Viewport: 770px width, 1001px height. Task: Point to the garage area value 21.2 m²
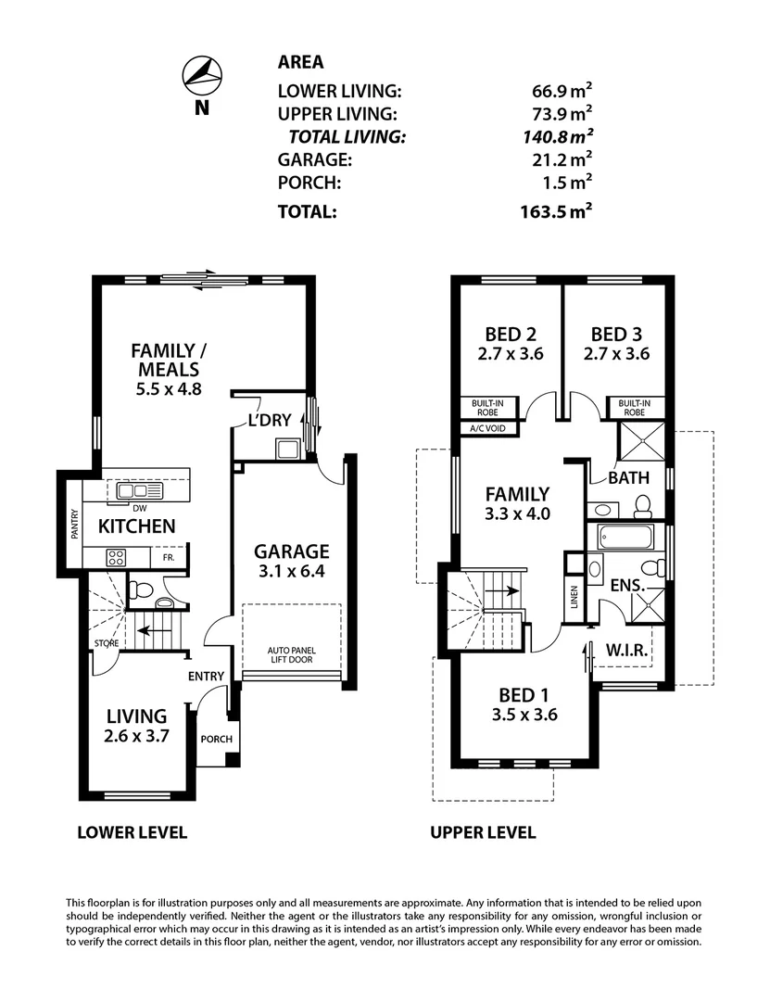[x=556, y=159]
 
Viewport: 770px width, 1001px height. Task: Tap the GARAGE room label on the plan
[x=292, y=551]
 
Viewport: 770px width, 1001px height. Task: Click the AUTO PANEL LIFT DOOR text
[x=290, y=654]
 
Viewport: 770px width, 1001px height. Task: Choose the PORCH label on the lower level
[x=216, y=739]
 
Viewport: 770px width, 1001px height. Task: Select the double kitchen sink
[x=136, y=489]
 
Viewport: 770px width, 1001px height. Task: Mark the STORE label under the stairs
[x=105, y=642]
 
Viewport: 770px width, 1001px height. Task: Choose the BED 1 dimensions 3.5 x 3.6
[x=516, y=715]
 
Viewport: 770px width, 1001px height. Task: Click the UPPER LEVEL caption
[x=483, y=832]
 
